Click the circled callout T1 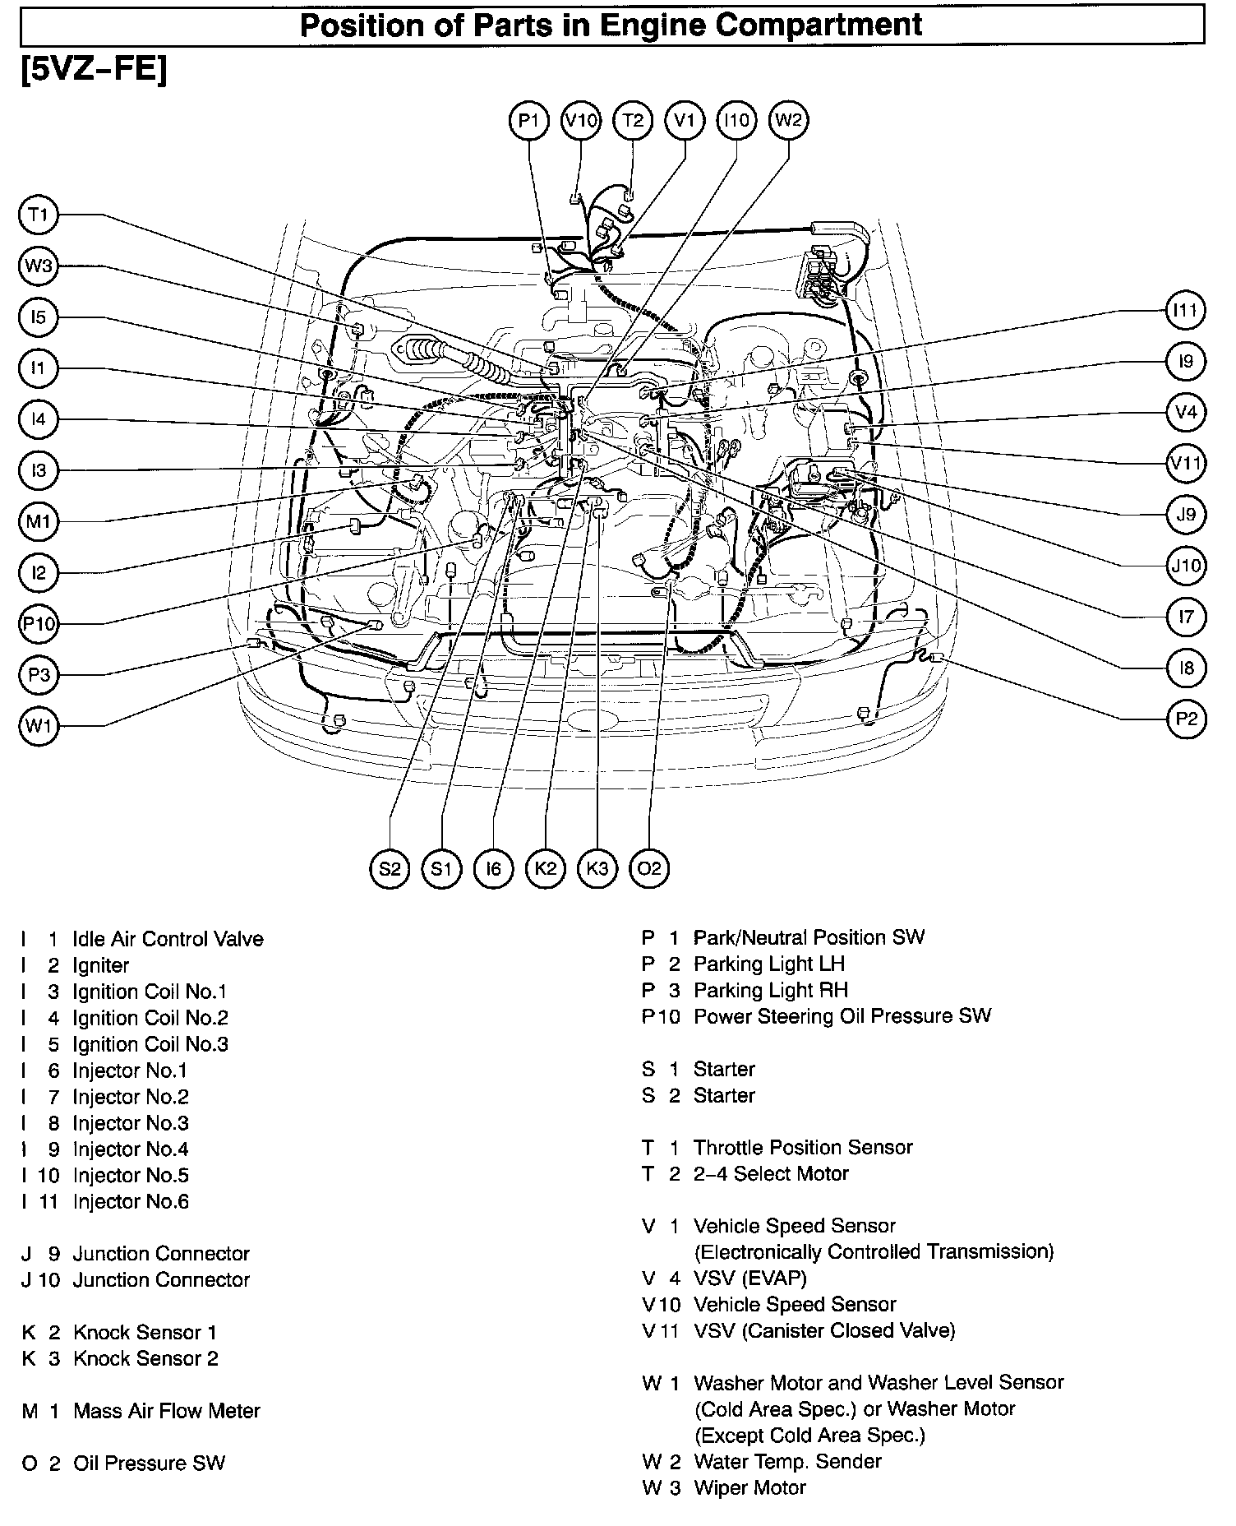[x=39, y=215]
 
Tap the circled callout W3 [x=39, y=266]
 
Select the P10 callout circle [x=39, y=624]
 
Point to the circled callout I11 [x=1186, y=311]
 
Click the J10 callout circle [x=1186, y=566]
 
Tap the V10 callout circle [x=581, y=121]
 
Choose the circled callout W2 [x=788, y=121]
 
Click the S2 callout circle [x=390, y=869]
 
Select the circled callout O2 [x=649, y=869]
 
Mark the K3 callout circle [x=597, y=869]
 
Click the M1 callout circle [x=39, y=522]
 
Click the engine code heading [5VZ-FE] [x=94, y=70]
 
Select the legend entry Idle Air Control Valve [x=168, y=939]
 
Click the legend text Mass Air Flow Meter [x=166, y=1411]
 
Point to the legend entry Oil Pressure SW [x=149, y=1464]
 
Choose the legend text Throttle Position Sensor [x=803, y=1147]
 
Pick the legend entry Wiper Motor [x=749, y=1487]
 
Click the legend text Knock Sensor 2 [x=145, y=1358]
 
